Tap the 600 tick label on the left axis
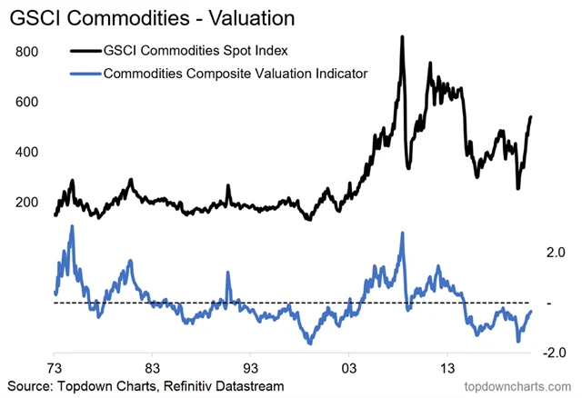28,102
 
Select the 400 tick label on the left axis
28,152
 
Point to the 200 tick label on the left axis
28,202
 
